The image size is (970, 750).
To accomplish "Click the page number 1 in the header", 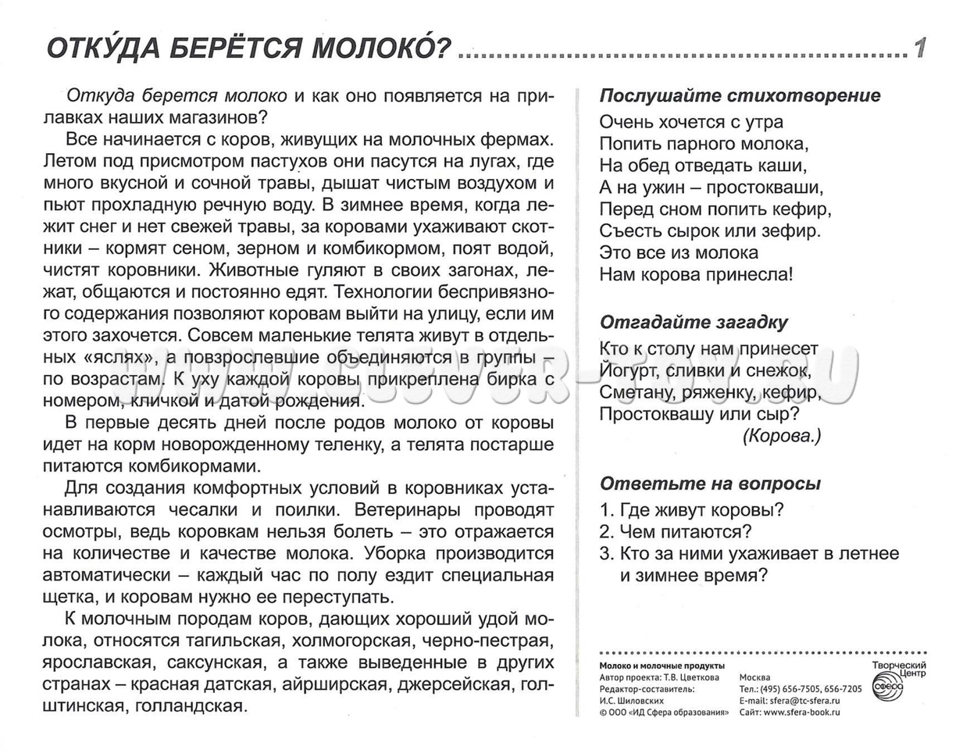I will tap(920, 49).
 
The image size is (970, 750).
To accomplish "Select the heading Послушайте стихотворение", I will tap(740, 95).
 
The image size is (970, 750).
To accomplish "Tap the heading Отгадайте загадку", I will tap(694, 323).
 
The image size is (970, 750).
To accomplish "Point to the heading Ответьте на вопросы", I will tap(710, 484).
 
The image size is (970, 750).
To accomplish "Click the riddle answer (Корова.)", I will tap(782, 437).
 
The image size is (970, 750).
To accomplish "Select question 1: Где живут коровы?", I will tap(691, 510).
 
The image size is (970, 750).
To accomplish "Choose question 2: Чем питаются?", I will tap(676, 532).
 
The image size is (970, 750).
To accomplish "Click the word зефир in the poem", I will tap(795, 231).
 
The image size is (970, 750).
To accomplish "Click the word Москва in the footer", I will tap(754, 678).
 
